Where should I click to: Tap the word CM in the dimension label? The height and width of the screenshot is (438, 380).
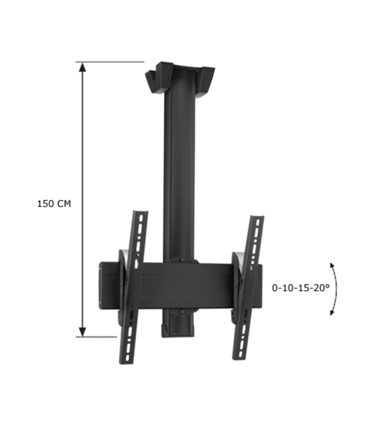point(64,204)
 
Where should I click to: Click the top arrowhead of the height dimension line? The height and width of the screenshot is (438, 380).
point(83,67)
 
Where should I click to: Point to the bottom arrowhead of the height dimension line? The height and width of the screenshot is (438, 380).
point(83,331)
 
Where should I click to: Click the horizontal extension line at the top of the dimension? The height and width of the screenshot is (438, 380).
point(111,61)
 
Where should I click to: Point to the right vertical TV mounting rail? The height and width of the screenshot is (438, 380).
point(247,286)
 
